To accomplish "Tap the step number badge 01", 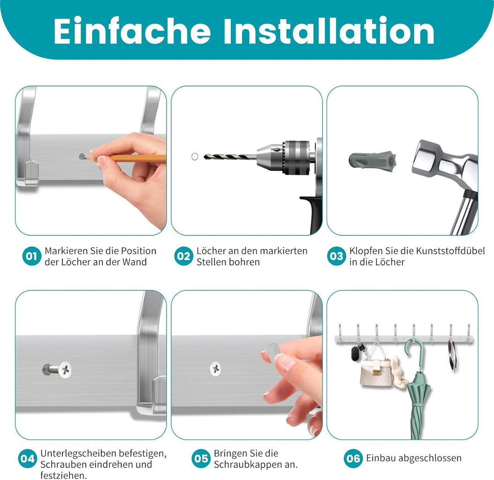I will tap(32, 256).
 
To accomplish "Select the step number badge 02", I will tap(183, 256).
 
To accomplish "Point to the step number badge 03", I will tap(337, 256).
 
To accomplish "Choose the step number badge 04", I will tap(28, 459).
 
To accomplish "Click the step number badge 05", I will tap(201, 459).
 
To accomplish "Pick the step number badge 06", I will tap(353, 458).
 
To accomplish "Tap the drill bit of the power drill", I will tap(229, 157).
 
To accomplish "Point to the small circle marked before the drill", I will tap(194, 157).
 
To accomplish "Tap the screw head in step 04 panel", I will tap(65, 369).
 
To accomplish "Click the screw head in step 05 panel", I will tap(215, 368).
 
